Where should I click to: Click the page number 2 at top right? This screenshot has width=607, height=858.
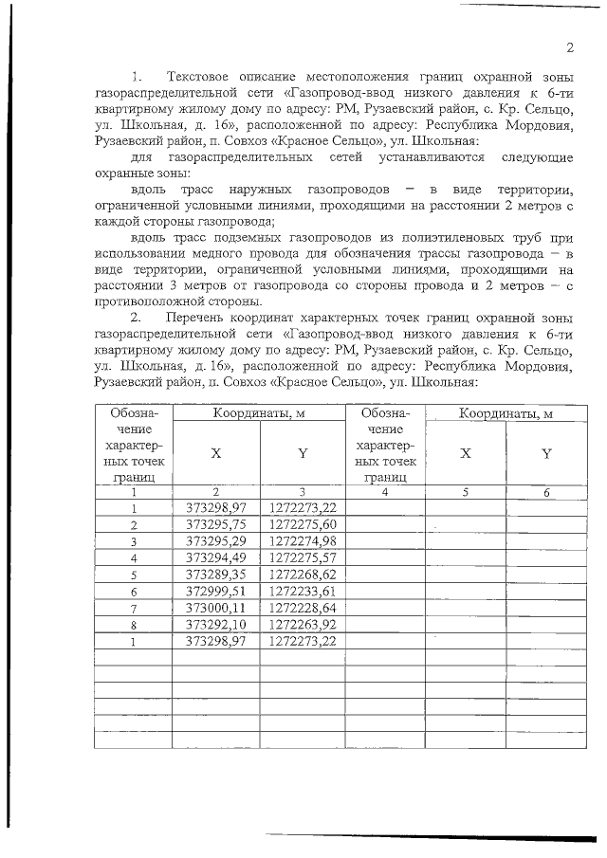click(570, 48)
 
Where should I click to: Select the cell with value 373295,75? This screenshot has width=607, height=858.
click(216, 524)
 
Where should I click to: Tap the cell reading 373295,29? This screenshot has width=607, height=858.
click(216, 541)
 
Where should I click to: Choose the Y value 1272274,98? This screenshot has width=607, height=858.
click(303, 541)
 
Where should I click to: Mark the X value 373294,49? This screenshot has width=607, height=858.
click(216, 557)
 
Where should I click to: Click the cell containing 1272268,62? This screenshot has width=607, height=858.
click(303, 575)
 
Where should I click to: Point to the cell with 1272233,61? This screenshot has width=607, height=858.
click(303, 591)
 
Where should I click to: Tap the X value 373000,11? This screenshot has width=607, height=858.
click(216, 608)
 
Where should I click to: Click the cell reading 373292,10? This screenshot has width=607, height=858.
click(216, 624)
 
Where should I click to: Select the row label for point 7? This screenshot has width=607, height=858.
click(134, 608)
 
